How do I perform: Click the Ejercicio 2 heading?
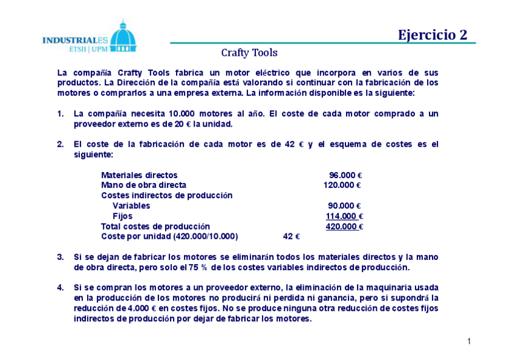pyautogui.click(x=432, y=35)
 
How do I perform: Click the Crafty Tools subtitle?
pyautogui.click(x=249, y=53)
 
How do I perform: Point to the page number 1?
pyautogui.click(x=469, y=342)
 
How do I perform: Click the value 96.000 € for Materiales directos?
pyautogui.click(x=345, y=175)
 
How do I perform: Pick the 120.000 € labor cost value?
pyautogui.click(x=342, y=185)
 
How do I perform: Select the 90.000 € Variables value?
pyautogui.click(x=344, y=205)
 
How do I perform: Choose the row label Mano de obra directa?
pyautogui.click(x=143, y=185)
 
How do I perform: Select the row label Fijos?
pyautogui.click(x=122, y=216)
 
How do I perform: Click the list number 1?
pyautogui.click(x=60, y=114)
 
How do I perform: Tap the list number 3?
pyautogui.click(x=60, y=257)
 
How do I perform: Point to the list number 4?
pyautogui.click(x=60, y=287)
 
